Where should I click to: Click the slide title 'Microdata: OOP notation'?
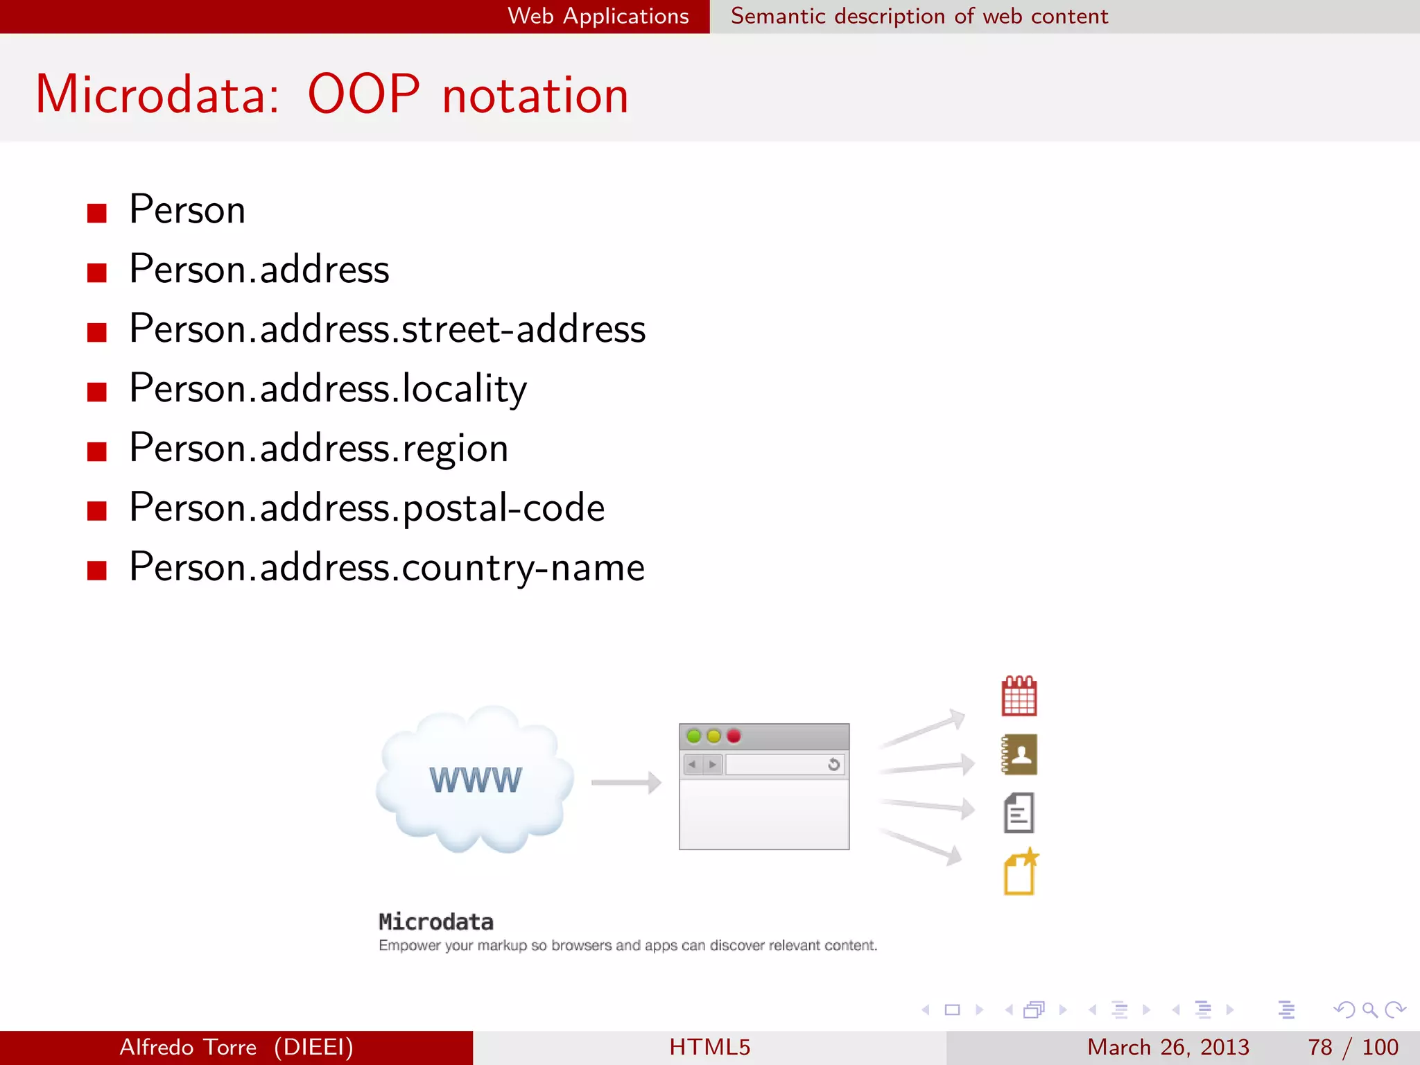tap(332, 94)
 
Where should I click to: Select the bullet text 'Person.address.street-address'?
tap(387, 329)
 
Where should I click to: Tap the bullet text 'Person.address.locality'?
tap(327, 388)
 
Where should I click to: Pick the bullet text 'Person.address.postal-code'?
tap(367, 508)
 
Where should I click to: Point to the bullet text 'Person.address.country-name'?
tap(387, 567)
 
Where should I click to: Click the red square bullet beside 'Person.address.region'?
tap(97, 451)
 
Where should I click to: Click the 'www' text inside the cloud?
tap(476, 780)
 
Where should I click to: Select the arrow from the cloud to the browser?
tap(626, 783)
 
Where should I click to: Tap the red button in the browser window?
tap(734, 736)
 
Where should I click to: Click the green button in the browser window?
tap(693, 736)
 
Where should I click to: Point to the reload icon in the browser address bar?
tap(833, 764)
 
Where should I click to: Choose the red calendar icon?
tap(1019, 696)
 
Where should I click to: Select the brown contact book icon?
tap(1019, 754)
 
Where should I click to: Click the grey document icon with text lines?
tap(1019, 813)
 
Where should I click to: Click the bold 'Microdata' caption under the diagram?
tap(436, 922)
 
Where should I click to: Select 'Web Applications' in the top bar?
tap(598, 16)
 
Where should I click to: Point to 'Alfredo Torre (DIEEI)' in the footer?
tap(236, 1047)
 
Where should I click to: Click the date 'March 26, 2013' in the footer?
tap(1168, 1047)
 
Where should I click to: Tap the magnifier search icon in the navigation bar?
tap(1369, 1010)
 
